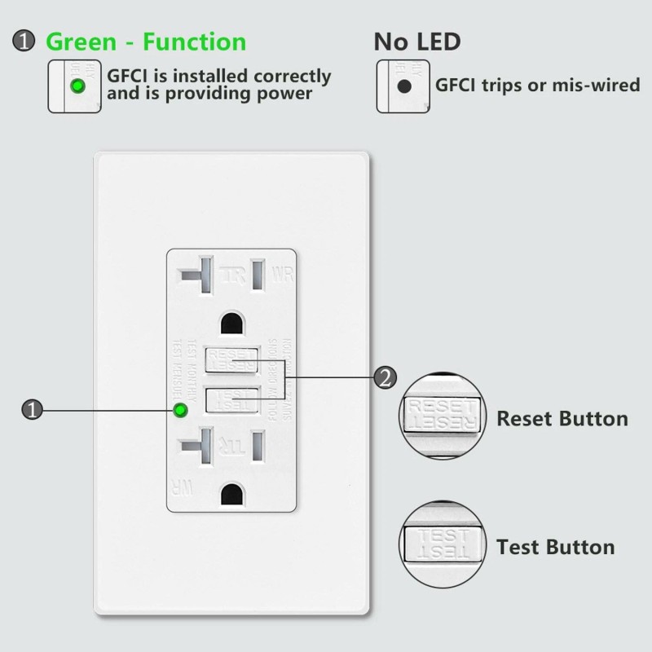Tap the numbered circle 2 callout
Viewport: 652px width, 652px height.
[x=385, y=377]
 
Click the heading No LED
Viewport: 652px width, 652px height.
[x=416, y=42]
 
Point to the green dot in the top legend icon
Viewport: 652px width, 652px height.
[x=77, y=86]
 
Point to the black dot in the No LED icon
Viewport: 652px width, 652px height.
[x=403, y=86]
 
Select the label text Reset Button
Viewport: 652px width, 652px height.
[x=562, y=419]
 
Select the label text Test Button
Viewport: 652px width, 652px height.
[x=555, y=547]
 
